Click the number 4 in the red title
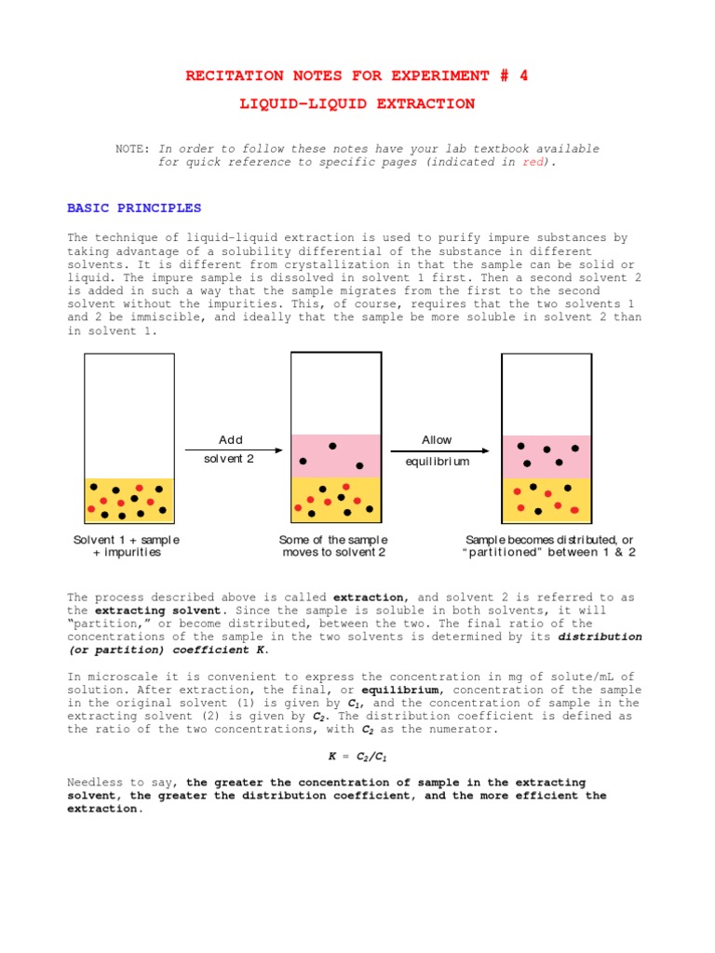click(x=523, y=75)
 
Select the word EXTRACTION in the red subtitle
click(x=425, y=104)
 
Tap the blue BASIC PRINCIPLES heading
click(x=134, y=208)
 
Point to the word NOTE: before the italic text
click(x=133, y=149)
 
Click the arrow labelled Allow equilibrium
click(x=437, y=450)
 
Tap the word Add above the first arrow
click(x=230, y=439)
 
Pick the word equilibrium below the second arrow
click(x=437, y=462)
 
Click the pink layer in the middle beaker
click(x=335, y=455)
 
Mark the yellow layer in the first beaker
click(x=129, y=500)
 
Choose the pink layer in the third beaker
click(x=546, y=456)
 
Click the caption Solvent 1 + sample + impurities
click(x=127, y=546)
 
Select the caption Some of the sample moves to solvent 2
click(x=333, y=546)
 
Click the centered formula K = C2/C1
click(x=354, y=758)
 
